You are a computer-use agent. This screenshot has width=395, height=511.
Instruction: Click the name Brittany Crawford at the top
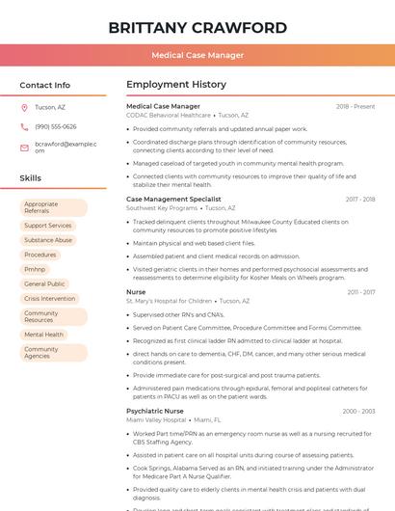pos(197,26)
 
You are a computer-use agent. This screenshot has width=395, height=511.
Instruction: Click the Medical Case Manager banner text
pos(197,55)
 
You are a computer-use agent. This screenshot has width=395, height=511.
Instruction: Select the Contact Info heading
pos(45,85)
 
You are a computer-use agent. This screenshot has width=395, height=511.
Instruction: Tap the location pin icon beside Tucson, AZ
pos(24,107)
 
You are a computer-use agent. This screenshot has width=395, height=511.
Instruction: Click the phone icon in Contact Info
pos(24,126)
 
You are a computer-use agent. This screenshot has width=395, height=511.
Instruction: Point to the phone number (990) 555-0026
pos(56,126)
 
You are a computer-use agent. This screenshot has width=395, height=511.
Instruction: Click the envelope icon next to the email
pos(24,148)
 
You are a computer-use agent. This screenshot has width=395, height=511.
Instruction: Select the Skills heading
pos(31,178)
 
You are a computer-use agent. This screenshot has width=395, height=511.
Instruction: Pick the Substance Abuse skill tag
pos(48,240)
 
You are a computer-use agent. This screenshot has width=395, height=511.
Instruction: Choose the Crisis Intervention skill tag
pos(50,299)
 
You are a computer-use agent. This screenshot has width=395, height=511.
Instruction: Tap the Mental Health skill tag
pos(43,335)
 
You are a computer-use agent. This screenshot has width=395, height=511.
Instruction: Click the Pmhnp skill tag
pos(35,269)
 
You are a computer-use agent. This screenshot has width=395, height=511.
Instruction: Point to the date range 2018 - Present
pos(355,106)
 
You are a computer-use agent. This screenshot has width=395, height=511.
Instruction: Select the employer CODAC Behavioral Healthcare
pos(168,115)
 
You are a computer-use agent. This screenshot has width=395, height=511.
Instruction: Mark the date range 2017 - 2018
pos(359,199)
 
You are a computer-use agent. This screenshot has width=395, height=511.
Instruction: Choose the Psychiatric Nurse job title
pos(155,411)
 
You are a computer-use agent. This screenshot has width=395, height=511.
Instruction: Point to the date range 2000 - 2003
pos(358,411)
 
